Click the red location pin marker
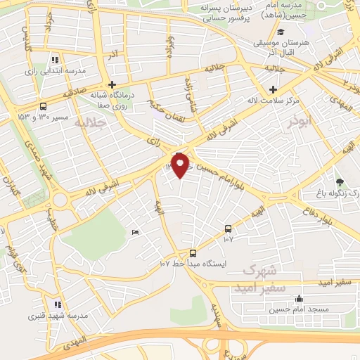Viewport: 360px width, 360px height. pos(181,165)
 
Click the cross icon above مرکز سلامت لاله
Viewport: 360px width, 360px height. pos(274,89)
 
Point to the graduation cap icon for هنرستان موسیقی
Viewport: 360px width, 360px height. pos(281,32)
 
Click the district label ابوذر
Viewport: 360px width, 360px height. pos(300,122)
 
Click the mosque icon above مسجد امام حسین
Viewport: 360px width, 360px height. pos(300,298)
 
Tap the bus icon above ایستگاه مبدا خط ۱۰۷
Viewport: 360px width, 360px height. pos(193,253)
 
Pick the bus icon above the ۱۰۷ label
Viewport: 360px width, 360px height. pos(228,229)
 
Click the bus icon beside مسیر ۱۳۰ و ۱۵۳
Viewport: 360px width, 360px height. pos(44,107)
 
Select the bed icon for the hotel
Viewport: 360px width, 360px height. pos(135,232)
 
